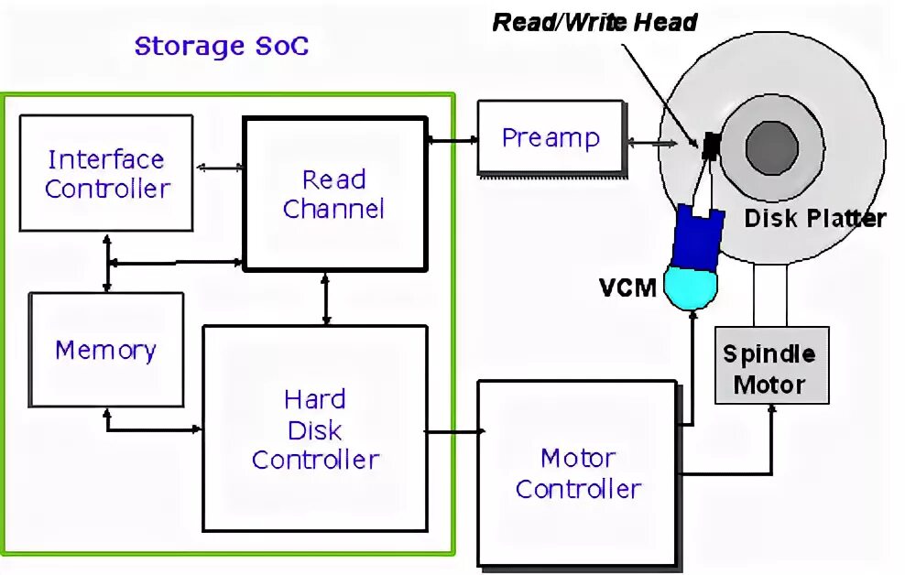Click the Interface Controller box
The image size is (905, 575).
coord(106,173)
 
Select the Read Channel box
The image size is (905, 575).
coord(334,193)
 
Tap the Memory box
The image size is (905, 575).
coord(105,350)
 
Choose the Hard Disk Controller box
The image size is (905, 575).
coord(315,429)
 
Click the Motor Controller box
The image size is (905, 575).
coord(577,472)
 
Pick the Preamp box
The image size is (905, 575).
coord(550,138)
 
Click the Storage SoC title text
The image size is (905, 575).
coord(222,47)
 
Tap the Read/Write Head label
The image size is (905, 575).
coord(594,22)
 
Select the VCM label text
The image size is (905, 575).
coord(627,287)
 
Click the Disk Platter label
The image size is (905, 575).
coord(814,219)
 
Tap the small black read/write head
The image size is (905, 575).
coord(710,145)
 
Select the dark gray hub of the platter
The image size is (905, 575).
coord(772,146)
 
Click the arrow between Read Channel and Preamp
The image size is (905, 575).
coord(452,140)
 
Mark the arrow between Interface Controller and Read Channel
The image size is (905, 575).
coord(219,168)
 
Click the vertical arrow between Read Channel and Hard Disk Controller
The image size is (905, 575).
coord(327,298)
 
